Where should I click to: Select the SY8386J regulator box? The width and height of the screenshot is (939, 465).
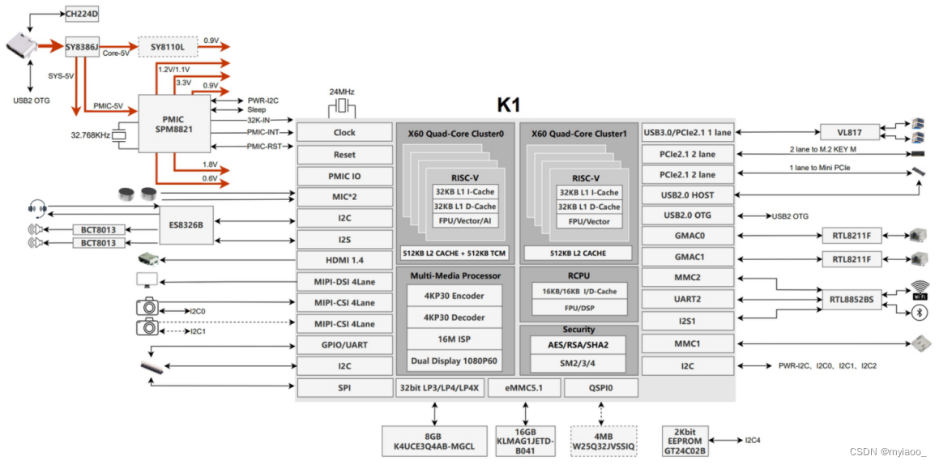point(82,48)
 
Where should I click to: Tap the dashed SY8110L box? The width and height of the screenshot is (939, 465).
point(168,48)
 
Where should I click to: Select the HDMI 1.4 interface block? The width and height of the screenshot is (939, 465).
point(344,260)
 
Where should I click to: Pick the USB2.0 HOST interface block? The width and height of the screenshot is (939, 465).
point(687,195)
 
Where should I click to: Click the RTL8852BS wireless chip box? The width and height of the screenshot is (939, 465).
point(851,299)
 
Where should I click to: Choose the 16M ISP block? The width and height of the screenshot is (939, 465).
point(454,338)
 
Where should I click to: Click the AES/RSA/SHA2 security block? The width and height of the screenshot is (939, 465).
point(578,344)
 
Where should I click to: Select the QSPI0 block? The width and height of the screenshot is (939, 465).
point(600,388)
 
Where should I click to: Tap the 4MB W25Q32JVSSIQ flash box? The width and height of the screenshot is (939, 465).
point(604,440)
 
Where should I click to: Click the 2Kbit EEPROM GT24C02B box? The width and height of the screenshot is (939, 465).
point(685,440)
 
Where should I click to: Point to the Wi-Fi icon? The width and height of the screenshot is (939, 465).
point(919,290)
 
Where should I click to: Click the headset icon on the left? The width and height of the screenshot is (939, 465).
point(36,206)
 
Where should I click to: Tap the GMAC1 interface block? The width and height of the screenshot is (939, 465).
point(687,258)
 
